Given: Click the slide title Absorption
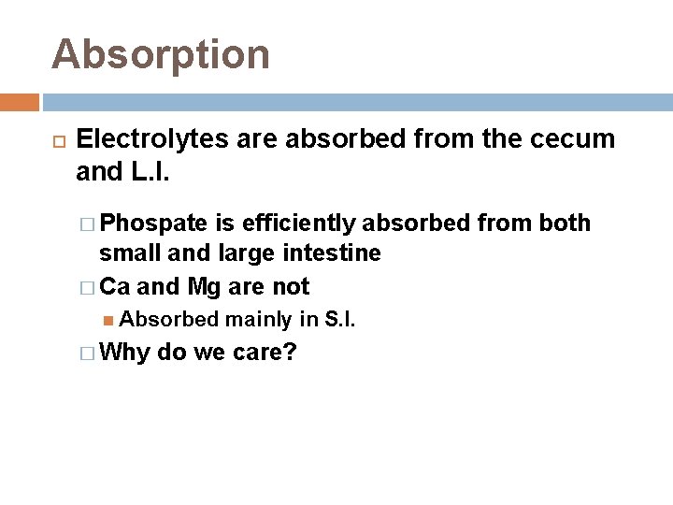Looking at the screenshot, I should click(161, 54).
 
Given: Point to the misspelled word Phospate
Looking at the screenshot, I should click(154, 224).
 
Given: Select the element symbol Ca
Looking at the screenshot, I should click(115, 285).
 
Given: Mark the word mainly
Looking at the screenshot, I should click(258, 320).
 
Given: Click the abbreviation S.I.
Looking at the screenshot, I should click(338, 320).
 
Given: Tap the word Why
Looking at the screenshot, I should click(126, 353).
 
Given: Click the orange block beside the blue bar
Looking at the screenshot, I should click(20, 102).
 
